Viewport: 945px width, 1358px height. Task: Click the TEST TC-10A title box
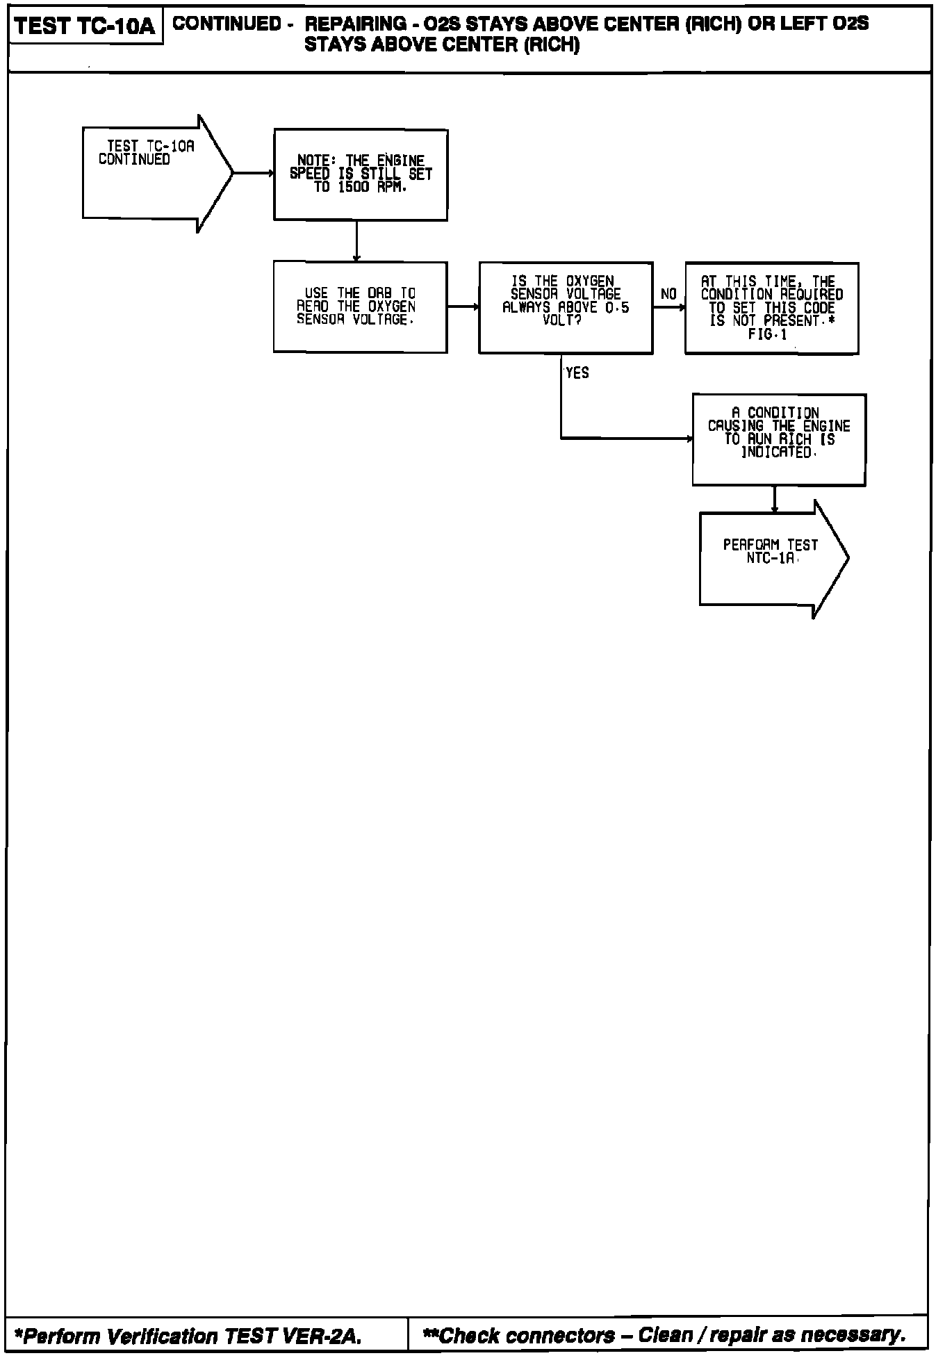point(85,26)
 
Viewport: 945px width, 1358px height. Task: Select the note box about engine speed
point(361,174)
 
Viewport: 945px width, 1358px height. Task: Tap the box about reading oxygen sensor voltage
point(360,306)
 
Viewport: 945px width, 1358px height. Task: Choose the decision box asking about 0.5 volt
point(566,307)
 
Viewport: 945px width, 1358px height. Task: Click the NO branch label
point(668,295)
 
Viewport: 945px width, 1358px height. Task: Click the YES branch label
point(577,373)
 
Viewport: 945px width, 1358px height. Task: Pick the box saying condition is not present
point(771,308)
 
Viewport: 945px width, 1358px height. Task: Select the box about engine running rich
point(779,439)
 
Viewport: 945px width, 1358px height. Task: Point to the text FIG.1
point(768,334)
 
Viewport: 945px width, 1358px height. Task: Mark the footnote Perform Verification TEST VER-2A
point(188,1336)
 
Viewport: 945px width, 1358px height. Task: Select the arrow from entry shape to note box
point(254,173)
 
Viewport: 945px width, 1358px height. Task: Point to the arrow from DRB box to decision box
point(463,306)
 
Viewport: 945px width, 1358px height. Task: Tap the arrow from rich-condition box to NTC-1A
point(775,499)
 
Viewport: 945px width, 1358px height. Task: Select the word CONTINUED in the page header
point(227,24)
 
